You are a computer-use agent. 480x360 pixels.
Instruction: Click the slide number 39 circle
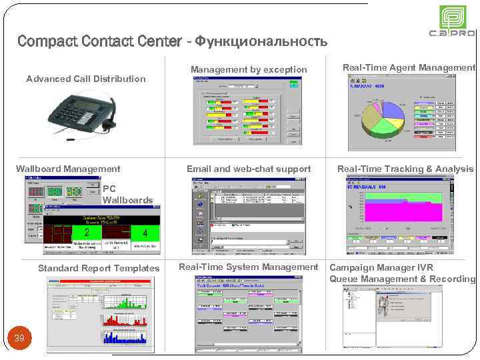[x=19, y=339]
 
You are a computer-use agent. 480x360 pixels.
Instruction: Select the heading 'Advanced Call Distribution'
[x=85, y=79]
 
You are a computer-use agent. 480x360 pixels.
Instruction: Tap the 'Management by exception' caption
[x=249, y=69]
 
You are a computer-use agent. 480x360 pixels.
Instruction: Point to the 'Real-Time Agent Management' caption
[x=409, y=67]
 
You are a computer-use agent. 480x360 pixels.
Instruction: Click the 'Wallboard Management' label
[x=68, y=169]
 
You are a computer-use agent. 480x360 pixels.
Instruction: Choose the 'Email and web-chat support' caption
[x=249, y=169]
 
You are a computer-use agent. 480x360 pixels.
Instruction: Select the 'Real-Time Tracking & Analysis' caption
[x=405, y=169]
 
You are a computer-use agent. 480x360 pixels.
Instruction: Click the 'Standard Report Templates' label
[x=99, y=268]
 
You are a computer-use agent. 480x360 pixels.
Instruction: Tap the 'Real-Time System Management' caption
[x=249, y=267]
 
